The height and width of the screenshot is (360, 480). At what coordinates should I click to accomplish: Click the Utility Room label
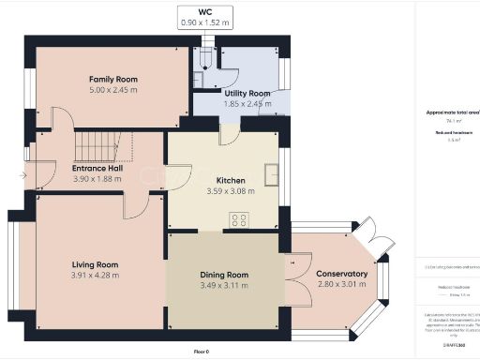tap(247, 94)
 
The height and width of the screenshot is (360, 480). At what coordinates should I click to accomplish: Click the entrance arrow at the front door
tap(22, 175)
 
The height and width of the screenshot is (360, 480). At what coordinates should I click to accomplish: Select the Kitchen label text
tap(230, 179)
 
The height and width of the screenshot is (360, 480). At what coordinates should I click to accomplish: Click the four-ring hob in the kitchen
tap(238, 221)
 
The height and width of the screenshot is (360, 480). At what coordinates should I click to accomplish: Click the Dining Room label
tap(224, 274)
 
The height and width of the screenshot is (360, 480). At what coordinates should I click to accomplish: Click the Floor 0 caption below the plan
tap(201, 351)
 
